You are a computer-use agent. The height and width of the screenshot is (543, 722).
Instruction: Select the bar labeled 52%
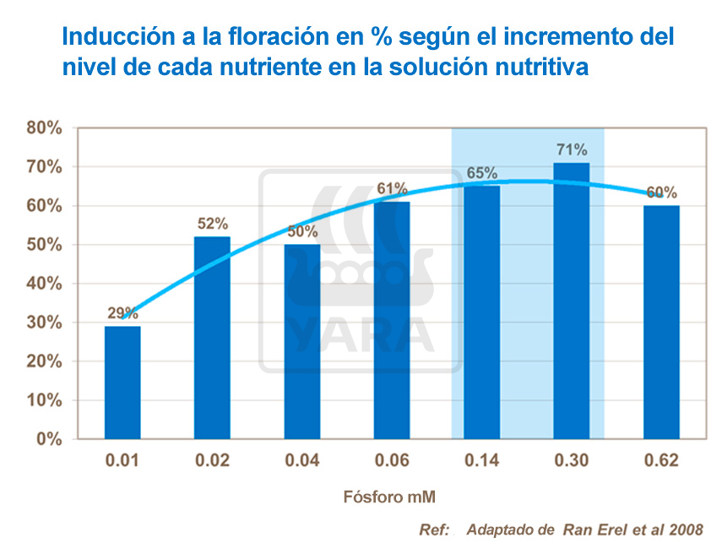[x=212, y=338]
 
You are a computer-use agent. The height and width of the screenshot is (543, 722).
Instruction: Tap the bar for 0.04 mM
[x=301, y=341]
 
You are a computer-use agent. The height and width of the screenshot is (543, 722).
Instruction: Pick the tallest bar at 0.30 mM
[x=571, y=301]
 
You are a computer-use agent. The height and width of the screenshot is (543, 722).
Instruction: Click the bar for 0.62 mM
[x=661, y=322]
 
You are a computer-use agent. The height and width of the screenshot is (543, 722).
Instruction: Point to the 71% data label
[x=572, y=149]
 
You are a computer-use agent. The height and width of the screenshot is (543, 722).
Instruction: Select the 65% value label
[x=482, y=173]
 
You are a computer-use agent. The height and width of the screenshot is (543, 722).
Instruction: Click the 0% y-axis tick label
[x=50, y=439]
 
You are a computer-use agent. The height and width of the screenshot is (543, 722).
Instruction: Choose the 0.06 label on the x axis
[x=393, y=461]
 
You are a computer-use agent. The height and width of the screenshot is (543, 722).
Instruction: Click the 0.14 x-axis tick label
[x=482, y=461]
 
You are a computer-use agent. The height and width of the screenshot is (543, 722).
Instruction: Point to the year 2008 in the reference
[x=685, y=529]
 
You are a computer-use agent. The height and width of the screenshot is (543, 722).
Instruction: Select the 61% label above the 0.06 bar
[x=393, y=188]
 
